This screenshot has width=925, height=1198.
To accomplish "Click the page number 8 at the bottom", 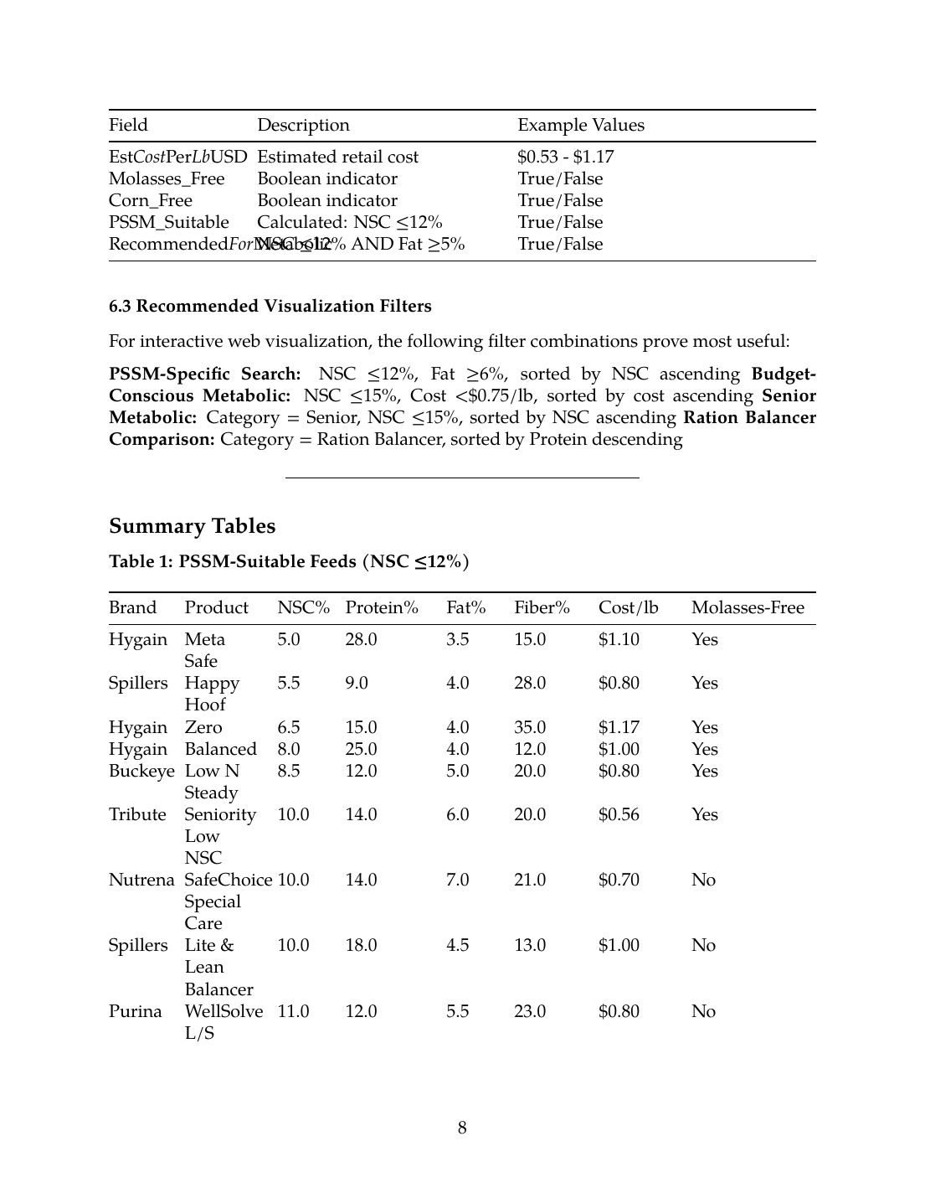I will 462,1128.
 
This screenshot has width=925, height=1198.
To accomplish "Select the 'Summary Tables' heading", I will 192,526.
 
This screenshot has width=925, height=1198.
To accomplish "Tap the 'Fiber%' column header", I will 541,607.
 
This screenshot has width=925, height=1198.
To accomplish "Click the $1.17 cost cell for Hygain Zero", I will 619,727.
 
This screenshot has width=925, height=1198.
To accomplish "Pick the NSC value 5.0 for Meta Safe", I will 288,639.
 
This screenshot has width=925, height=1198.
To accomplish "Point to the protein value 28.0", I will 361,639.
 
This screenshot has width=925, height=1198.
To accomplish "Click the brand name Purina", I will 135,1011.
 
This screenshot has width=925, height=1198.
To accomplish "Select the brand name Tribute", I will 137,814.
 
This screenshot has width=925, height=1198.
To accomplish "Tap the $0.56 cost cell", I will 619,814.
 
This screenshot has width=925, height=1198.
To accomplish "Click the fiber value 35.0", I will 529,727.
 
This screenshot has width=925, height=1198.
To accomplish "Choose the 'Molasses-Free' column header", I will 747,607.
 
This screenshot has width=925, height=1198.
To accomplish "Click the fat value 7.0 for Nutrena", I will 457,880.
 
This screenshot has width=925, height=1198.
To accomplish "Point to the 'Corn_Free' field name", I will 151,200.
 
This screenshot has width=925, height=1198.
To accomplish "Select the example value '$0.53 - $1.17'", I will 565,157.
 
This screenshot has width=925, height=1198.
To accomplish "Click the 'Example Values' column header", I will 581,125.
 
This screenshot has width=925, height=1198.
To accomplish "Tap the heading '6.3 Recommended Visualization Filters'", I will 270,306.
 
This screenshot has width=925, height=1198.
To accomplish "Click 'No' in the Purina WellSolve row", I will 703,1011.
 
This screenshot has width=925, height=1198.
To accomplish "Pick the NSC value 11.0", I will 293,1011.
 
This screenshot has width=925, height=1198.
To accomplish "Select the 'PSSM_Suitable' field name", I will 168,222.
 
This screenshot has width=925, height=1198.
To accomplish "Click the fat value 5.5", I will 457,1011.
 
